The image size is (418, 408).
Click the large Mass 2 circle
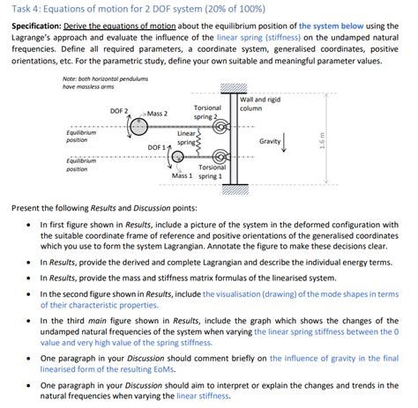[138, 127]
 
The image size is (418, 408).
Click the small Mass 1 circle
[178, 157]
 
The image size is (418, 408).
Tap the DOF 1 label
[158, 146]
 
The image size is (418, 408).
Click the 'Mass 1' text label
[183, 175]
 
